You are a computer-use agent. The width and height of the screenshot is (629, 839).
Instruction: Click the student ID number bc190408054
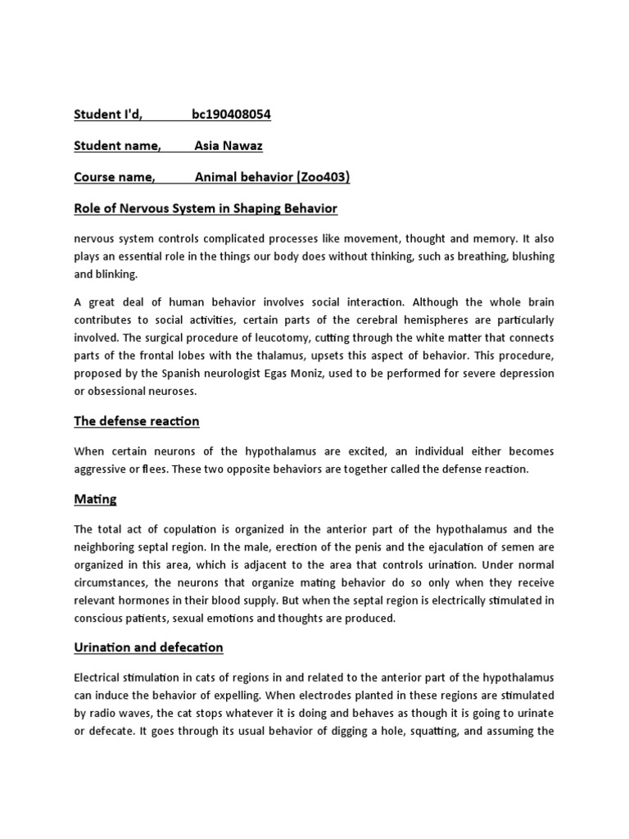[231, 115]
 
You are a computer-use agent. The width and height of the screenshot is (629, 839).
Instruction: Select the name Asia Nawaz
[229, 146]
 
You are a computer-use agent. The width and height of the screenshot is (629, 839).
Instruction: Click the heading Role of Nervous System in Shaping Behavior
[206, 208]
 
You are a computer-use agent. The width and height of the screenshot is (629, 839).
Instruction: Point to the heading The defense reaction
[137, 421]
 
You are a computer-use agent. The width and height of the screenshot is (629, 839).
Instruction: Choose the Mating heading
[96, 498]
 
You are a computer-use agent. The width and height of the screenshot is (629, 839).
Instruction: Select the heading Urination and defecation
[148, 647]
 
